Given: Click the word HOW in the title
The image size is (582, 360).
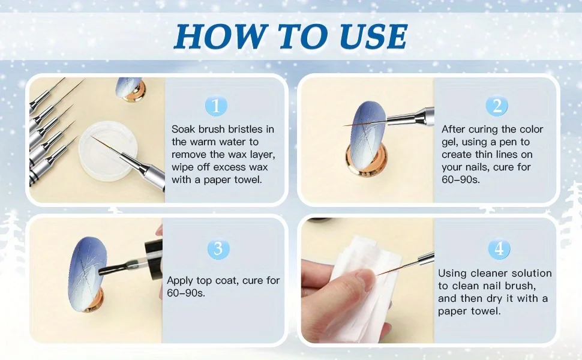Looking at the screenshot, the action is tap(220, 37).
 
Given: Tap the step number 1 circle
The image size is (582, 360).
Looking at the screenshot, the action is tap(215, 106).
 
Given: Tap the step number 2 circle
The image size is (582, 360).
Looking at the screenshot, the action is tap(497, 106).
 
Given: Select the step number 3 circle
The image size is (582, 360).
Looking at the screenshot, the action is tap(218, 248).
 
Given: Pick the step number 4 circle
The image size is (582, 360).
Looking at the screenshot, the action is tap(499, 248).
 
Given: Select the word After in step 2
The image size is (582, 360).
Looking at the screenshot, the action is tap(454, 129).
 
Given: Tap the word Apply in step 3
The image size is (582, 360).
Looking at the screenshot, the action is tap(180, 281).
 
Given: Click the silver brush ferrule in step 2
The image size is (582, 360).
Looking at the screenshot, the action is tap(411, 116).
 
